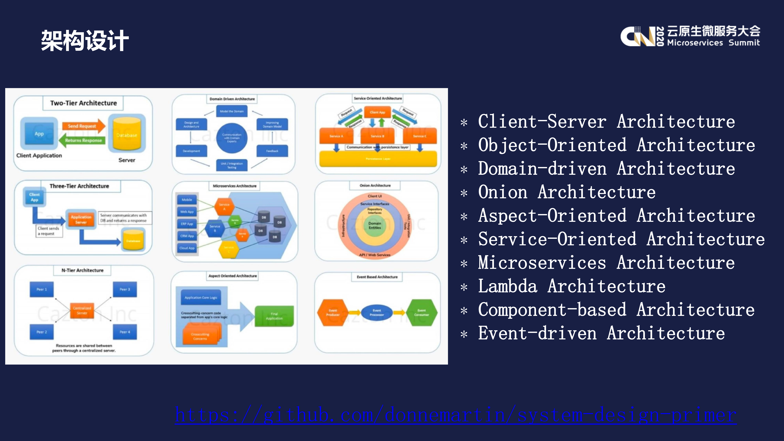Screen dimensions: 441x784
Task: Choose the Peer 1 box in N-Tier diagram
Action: [x=42, y=289]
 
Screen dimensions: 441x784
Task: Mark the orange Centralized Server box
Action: [x=82, y=310]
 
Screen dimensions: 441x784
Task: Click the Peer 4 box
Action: [x=125, y=332]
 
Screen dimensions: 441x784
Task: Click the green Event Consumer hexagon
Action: [x=421, y=313]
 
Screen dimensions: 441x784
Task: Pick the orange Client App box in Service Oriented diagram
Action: [x=377, y=112]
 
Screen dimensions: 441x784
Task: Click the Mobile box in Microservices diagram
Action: [x=187, y=200]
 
